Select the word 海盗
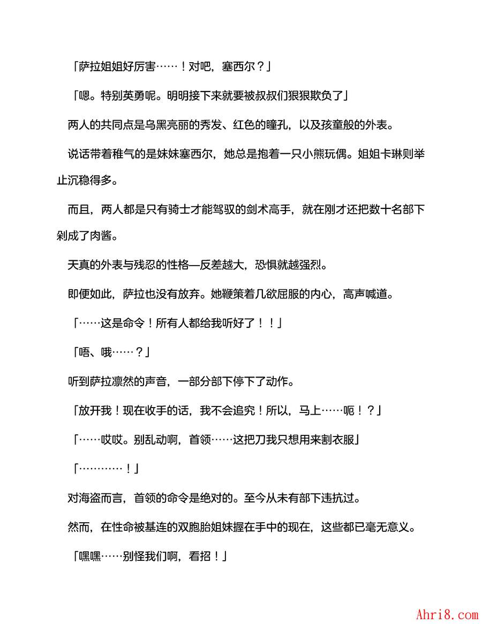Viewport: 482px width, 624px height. click(89, 498)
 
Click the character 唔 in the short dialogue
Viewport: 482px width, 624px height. click(84, 352)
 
